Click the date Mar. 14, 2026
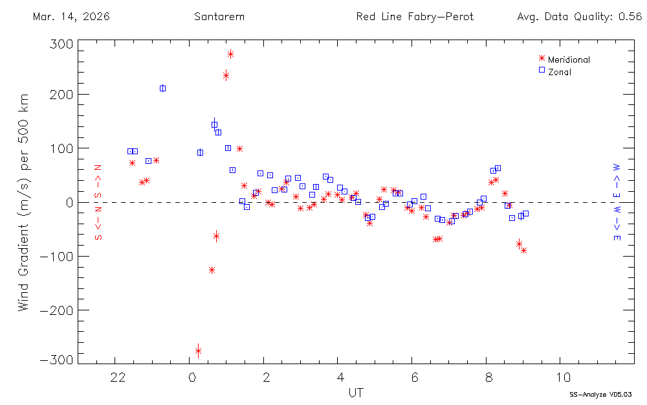pyautogui.click(x=71, y=17)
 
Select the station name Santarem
pyautogui.click(x=219, y=17)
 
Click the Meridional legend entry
pyautogui.click(x=568, y=60)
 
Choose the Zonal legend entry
pyautogui.click(x=559, y=72)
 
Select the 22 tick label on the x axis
pyautogui.click(x=117, y=377)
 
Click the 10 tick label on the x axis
pyautogui.click(x=563, y=377)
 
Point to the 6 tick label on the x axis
pyautogui.click(x=415, y=377)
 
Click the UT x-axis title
pyautogui.click(x=355, y=393)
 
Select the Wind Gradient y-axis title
pyautogui.click(x=24, y=202)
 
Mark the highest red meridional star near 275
pyautogui.click(x=230, y=54)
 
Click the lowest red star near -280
pyautogui.click(x=198, y=351)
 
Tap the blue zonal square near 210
pyautogui.click(x=162, y=88)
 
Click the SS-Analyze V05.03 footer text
pyautogui.click(x=600, y=394)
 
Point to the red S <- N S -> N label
pyautogui.click(x=99, y=202)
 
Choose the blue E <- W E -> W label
pyautogui.click(x=617, y=202)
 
